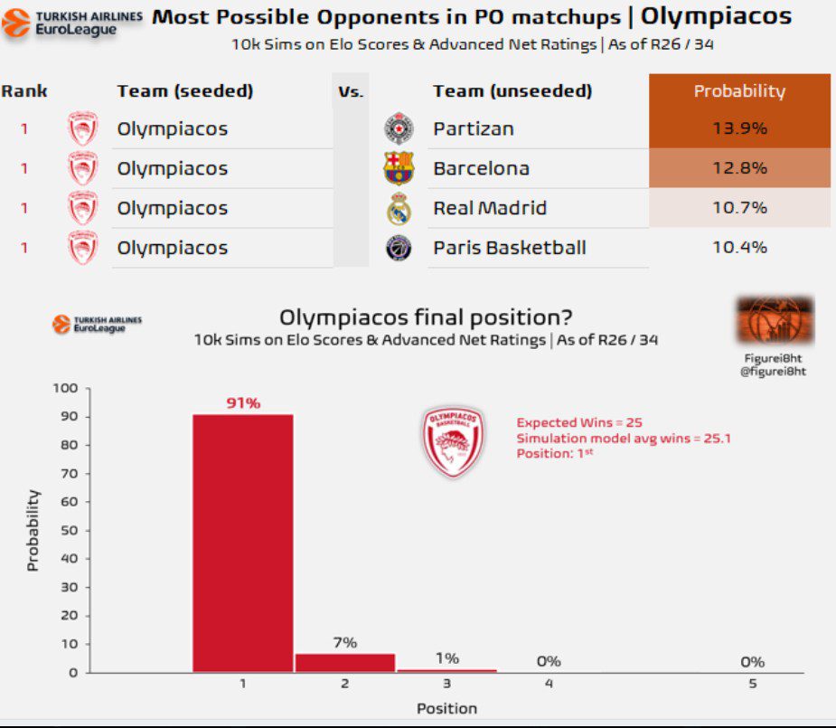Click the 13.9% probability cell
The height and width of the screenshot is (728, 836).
pyautogui.click(x=739, y=128)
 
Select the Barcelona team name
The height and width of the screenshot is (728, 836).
pyautogui.click(x=481, y=168)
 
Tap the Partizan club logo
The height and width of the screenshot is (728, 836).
pyautogui.click(x=398, y=128)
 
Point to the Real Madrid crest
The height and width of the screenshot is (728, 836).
pyautogui.click(x=399, y=209)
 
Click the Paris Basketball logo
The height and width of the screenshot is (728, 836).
pyautogui.click(x=399, y=248)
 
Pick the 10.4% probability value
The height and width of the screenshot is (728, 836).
pyautogui.click(x=739, y=248)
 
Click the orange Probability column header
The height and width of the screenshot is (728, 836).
pyautogui.click(x=739, y=91)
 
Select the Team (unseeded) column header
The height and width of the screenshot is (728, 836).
pyautogui.click(x=512, y=91)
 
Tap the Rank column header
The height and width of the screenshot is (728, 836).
pyautogui.click(x=24, y=91)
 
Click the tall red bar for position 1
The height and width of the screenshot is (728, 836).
pyautogui.click(x=243, y=543)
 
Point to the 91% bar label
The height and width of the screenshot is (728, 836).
pyautogui.click(x=243, y=403)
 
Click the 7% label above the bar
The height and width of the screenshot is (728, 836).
pyautogui.click(x=345, y=642)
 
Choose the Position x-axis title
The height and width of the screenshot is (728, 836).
pyautogui.click(x=446, y=708)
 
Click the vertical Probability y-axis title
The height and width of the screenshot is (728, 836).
pyautogui.click(x=33, y=530)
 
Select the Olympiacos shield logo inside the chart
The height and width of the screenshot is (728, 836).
pyautogui.click(x=453, y=442)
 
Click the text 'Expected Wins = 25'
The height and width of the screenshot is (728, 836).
pyautogui.click(x=579, y=422)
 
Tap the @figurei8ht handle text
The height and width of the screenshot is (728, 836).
pyautogui.click(x=773, y=371)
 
